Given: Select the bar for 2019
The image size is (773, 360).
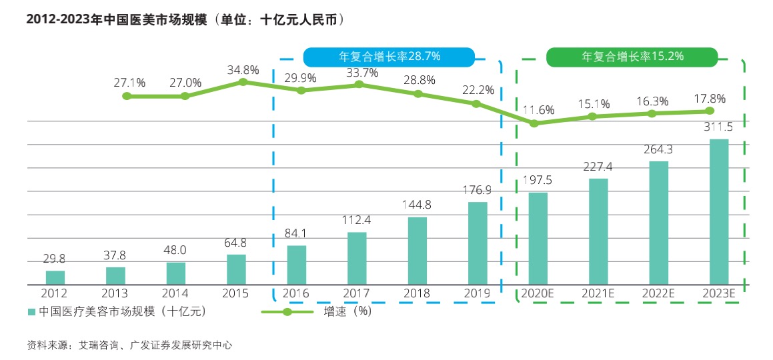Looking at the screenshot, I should click(x=478, y=243).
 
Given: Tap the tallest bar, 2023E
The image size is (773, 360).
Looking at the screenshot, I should click(x=719, y=211).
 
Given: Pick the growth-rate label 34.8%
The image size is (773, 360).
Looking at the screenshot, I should click(x=242, y=69).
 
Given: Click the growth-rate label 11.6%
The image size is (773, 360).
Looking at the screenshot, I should click(x=538, y=110).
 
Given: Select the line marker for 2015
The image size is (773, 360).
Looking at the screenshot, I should click(x=243, y=82).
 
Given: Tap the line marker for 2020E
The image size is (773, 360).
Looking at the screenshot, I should click(x=534, y=123).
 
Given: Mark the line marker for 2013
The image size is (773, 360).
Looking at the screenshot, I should click(x=127, y=96).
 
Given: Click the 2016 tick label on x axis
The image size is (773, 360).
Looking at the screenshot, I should click(x=295, y=293).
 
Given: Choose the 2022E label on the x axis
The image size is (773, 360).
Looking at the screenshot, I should click(x=659, y=293).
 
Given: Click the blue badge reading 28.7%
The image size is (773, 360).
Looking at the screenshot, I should click(x=390, y=56).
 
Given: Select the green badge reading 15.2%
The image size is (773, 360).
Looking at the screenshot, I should click(x=632, y=57).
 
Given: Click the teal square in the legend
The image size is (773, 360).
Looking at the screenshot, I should click(x=31, y=312).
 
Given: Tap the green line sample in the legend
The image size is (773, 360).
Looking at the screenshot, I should click(x=287, y=312).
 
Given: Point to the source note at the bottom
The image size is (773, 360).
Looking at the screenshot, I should click(x=129, y=345).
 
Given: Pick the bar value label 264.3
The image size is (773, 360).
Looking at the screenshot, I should click(x=659, y=150).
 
